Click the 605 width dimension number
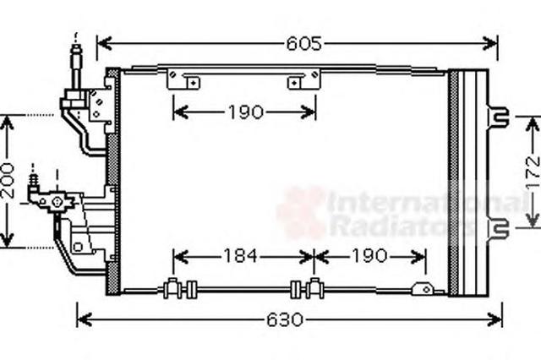[x=304, y=44]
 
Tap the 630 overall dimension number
[x=285, y=319]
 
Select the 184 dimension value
[x=240, y=256]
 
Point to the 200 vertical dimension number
[x=8, y=181]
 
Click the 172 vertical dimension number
[x=533, y=172]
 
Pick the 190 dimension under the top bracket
[x=246, y=112]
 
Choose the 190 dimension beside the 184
[x=369, y=256]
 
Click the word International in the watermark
[x=427, y=202]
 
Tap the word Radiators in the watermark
[x=402, y=226]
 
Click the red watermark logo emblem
[x=301, y=212]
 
